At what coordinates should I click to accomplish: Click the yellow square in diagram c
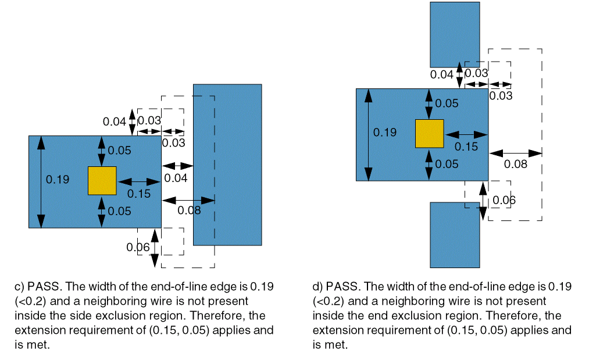(x=102, y=180)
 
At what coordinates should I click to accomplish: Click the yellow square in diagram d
(x=429, y=133)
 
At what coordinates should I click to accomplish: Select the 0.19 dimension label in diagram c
(x=58, y=179)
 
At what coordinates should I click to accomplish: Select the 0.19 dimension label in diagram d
(x=385, y=132)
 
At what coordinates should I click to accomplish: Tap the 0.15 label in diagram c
(x=138, y=193)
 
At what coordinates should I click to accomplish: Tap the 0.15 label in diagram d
(x=466, y=147)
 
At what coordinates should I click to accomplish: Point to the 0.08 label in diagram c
(x=189, y=210)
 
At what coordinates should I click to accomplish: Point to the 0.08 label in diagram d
(x=515, y=164)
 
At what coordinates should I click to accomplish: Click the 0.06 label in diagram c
(x=138, y=247)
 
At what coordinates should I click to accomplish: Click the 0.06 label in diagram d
(x=504, y=201)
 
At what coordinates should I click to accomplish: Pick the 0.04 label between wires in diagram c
(x=176, y=178)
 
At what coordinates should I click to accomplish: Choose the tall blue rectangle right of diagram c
(x=227, y=165)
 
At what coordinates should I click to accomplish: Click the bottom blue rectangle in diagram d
(x=455, y=234)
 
